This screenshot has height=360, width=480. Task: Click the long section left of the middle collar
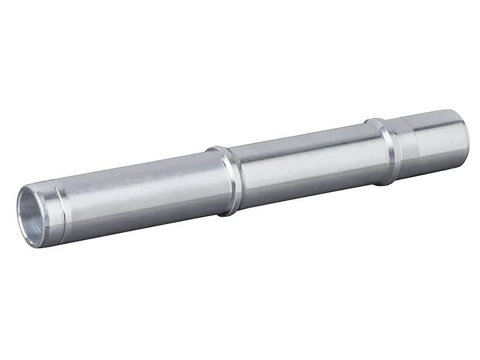pyautogui.click(x=138, y=186)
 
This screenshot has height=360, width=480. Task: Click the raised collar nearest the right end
pyautogui.click(x=384, y=150)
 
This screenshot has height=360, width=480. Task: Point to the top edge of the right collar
pyautogui.click(x=376, y=118)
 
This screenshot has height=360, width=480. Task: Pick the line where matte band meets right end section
pyautogui.click(x=415, y=143)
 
